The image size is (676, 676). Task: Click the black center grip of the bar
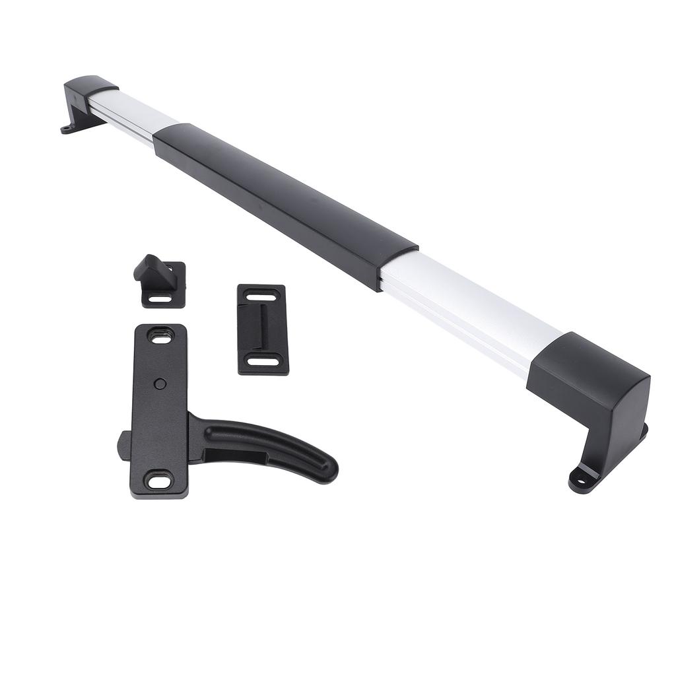[284, 205]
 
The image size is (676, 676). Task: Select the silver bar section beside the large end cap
[469, 310]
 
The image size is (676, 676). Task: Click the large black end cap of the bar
[591, 389]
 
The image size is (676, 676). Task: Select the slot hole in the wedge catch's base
[159, 298]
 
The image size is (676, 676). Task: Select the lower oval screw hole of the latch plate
[159, 480]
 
